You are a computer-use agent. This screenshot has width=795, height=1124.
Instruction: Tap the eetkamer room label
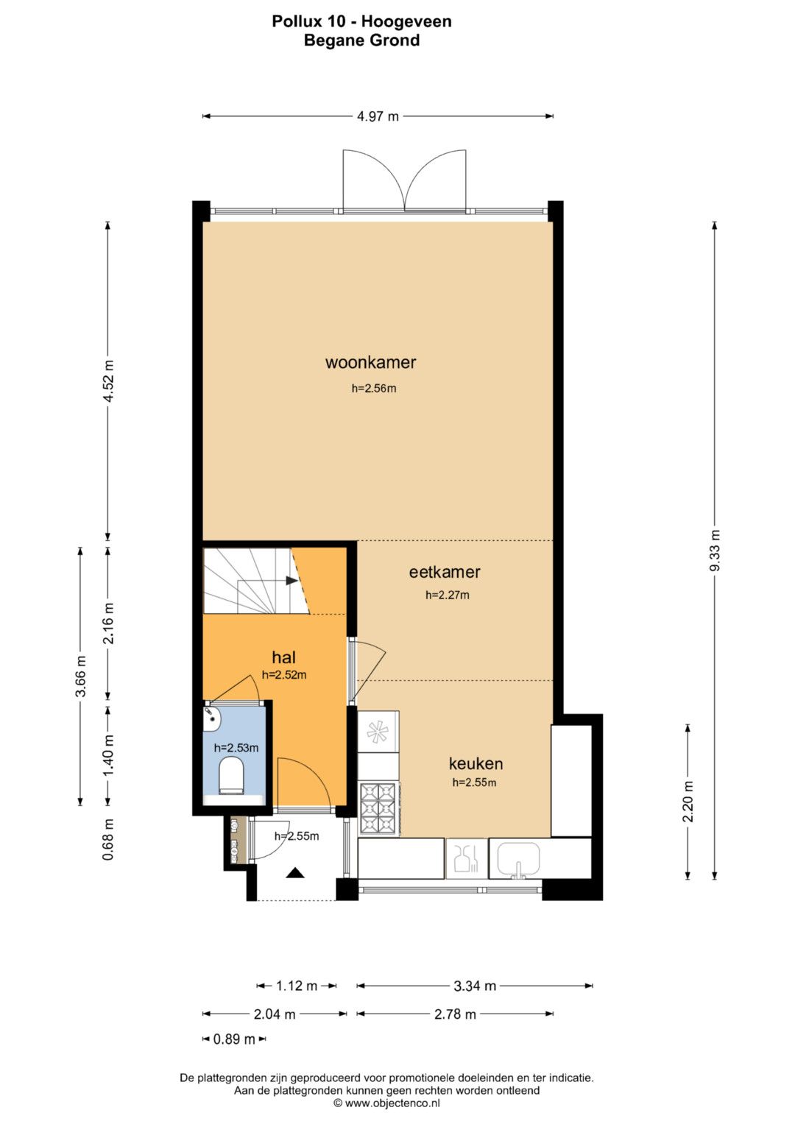click(444, 572)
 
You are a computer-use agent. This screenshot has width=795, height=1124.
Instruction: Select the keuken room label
click(476, 764)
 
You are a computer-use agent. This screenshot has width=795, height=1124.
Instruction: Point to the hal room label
click(283, 657)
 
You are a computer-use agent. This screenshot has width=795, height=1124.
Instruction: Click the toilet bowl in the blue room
click(231, 776)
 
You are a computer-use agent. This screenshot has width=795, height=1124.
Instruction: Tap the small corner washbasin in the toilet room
click(212, 718)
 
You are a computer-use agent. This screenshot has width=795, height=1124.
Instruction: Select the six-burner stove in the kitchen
click(379, 809)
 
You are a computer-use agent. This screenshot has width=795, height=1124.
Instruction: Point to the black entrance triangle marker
click(295, 874)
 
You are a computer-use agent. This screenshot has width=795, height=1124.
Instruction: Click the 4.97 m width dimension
click(378, 116)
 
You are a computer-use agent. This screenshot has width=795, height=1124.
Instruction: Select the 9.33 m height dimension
click(715, 551)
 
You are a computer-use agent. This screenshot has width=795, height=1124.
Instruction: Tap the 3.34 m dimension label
click(475, 986)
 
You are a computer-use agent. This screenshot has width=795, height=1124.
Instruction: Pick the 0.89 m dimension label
click(234, 1039)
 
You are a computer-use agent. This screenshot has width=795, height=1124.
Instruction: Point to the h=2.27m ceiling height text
click(448, 595)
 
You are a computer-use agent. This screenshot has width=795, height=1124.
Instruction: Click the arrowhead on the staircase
click(291, 581)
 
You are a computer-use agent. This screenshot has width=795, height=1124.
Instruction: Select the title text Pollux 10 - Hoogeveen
click(361, 21)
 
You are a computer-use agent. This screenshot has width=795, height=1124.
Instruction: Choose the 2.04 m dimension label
click(274, 1014)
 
